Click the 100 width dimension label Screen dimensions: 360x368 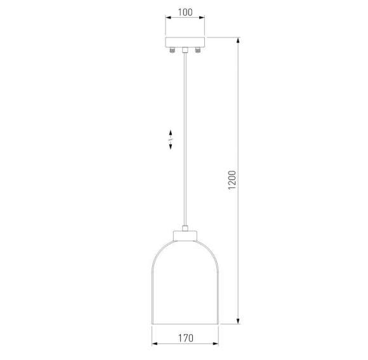(x=185, y=13)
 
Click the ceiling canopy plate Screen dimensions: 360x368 (x=185, y=43)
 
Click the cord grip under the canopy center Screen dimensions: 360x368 (x=185, y=50)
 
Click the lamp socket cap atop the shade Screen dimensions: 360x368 (x=185, y=236)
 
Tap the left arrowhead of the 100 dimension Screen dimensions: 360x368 (x=168, y=20)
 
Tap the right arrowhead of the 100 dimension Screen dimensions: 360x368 (x=203, y=20)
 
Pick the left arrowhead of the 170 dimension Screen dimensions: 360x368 (x=156, y=345)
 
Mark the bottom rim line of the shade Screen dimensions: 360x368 (x=185, y=323)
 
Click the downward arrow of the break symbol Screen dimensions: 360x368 (x=171, y=146)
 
